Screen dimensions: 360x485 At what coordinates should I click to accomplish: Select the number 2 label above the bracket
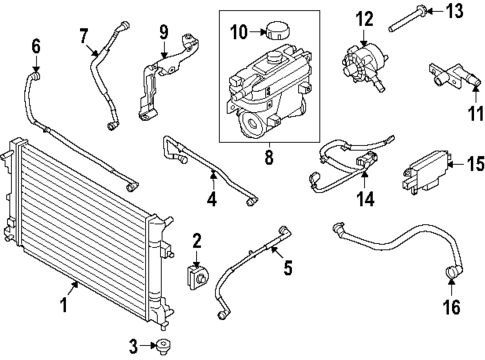(197, 240)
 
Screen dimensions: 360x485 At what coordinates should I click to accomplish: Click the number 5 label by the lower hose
(287, 267)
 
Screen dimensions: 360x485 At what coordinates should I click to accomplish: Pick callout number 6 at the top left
(36, 45)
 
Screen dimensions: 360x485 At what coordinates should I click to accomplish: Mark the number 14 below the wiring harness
(364, 198)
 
